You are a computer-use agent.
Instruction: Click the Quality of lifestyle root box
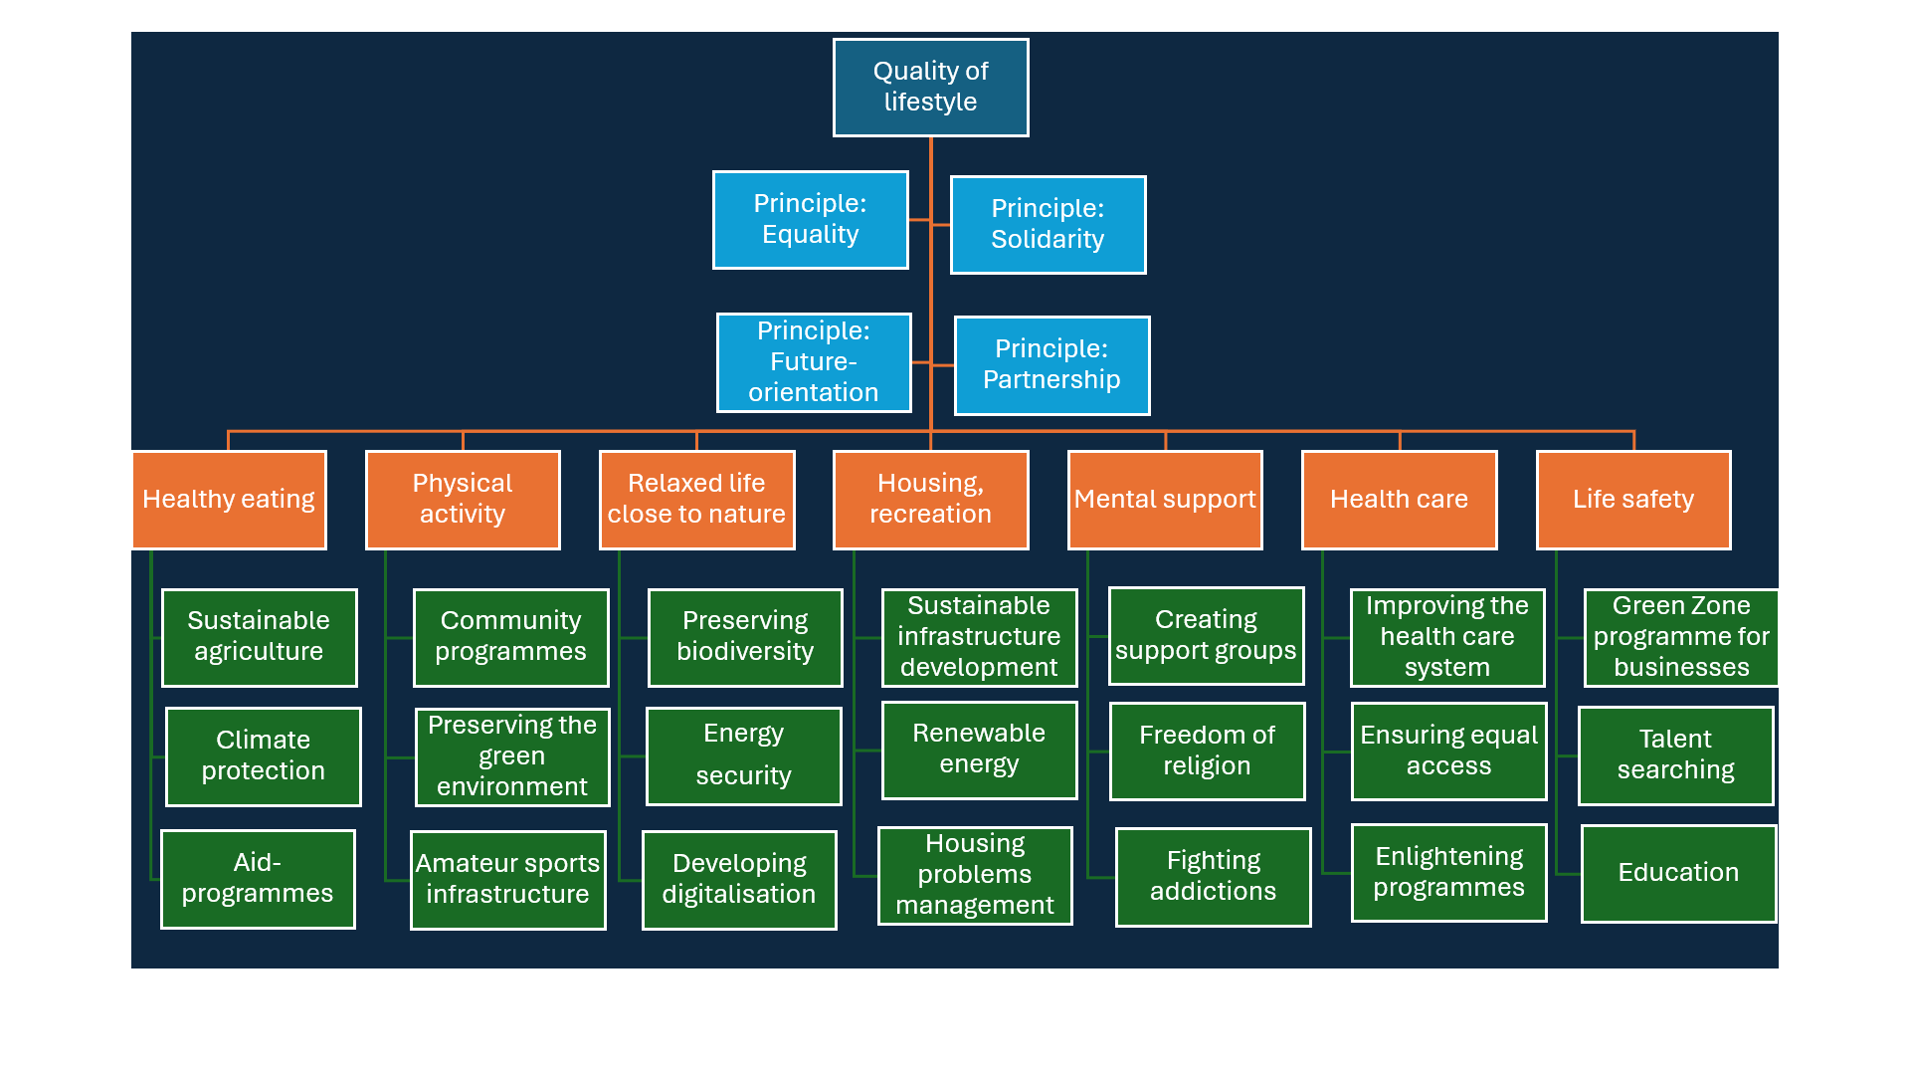click(x=930, y=88)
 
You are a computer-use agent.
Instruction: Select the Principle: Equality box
click(x=810, y=219)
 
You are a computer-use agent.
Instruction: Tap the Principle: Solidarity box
click(x=1048, y=224)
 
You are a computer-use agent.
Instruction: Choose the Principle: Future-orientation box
click(x=814, y=362)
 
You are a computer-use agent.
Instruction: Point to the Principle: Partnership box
click(x=1051, y=365)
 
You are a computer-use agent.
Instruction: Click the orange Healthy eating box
click(x=229, y=500)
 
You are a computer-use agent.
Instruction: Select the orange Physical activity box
click(x=463, y=500)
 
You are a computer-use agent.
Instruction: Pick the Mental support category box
click(x=1165, y=500)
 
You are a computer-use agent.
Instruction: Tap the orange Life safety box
click(x=1633, y=500)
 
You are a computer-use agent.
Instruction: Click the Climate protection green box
click(x=263, y=756)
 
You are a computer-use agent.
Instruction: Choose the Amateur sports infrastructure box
click(x=507, y=880)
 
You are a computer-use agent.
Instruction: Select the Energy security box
click(x=743, y=755)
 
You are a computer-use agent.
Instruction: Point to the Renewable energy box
click(x=979, y=750)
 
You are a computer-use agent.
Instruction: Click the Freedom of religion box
click(x=1207, y=752)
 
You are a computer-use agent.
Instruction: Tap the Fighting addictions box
click(x=1213, y=877)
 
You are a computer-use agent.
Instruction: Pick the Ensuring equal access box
click(x=1448, y=752)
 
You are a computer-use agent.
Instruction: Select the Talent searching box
click(x=1675, y=755)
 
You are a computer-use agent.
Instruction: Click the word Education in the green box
click(x=1678, y=873)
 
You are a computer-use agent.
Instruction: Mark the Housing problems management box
click(x=975, y=875)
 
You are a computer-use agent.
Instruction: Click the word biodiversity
click(x=745, y=652)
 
